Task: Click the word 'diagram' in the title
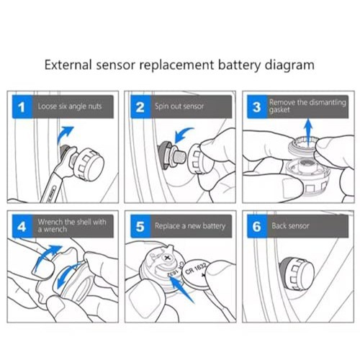coord(289,66)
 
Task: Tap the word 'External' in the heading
coord(68,65)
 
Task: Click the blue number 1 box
coord(22,107)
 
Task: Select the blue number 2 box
coord(140,107)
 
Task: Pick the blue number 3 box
coord(257,107)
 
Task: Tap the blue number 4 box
coord(22,226)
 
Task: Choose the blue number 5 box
coord(140,226)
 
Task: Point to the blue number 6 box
coord(257,226)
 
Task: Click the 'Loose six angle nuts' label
coord(70,106)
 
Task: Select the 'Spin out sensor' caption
coord(179,106)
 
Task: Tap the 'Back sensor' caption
coord(290,226)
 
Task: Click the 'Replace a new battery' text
coord(190,226)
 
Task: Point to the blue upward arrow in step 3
coord(308,133)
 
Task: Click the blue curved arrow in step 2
coord(181,134)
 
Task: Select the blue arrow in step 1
coord(64,135)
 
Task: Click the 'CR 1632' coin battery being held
coord(197,274)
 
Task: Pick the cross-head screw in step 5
coord(168,258)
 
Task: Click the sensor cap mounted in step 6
coord(297,275)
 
